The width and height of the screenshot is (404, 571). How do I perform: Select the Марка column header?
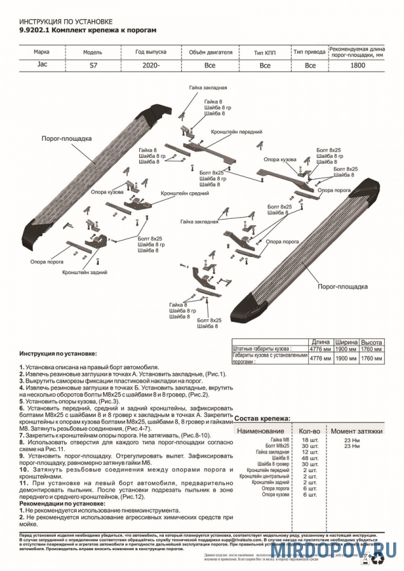point(42,51)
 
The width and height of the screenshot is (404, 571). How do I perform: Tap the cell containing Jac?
point(42,65)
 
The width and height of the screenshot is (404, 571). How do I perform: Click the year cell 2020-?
point(151,65)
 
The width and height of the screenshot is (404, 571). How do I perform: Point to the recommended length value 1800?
point(358,65)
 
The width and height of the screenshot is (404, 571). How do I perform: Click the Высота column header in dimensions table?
point(371,342)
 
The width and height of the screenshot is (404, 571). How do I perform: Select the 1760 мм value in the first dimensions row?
point(371,349)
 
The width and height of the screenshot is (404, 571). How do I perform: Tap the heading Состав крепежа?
point(263,419)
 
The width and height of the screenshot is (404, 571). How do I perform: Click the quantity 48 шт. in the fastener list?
point(310,457)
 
